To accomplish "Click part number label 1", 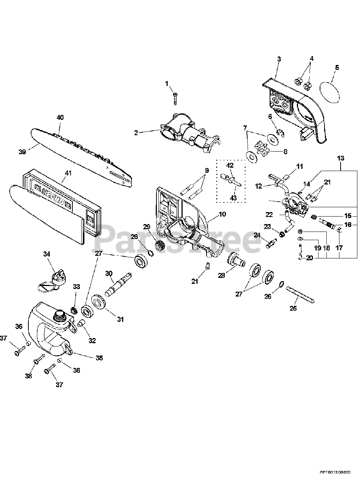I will [x=167, y=84].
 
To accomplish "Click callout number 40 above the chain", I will [x=60, y=117].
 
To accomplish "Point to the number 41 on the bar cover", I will [x=68, y=173].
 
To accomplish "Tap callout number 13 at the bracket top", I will [x=341, y=158].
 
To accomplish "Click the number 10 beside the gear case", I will [x=222, y=214].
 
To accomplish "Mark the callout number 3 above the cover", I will [x=279, y=59].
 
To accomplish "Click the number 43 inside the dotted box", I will [x=233, y=198].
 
